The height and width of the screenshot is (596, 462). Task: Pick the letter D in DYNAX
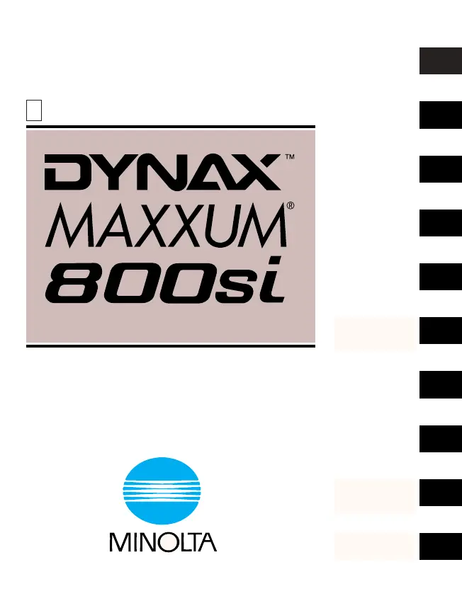61,173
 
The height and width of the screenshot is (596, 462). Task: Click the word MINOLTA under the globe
162,542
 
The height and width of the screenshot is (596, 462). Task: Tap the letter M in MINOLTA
118,542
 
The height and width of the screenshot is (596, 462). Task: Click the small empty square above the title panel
33,110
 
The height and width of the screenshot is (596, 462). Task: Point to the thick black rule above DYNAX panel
170,127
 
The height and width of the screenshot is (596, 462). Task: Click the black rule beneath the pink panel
170,346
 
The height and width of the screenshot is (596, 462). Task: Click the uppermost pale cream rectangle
375,334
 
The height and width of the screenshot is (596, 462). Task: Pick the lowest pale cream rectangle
375,547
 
